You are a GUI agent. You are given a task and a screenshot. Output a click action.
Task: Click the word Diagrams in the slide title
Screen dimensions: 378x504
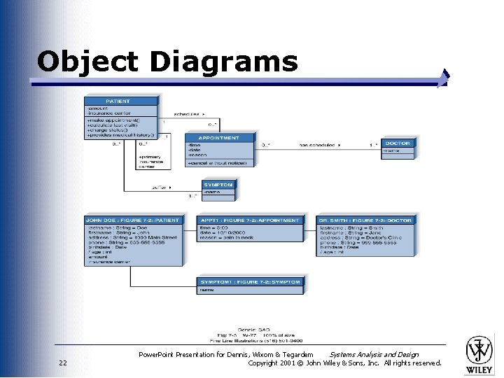(223, 62)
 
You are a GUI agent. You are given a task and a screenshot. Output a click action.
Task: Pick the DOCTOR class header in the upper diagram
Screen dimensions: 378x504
(398, 142)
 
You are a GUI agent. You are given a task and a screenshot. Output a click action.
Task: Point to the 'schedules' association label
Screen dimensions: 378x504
(187, 113)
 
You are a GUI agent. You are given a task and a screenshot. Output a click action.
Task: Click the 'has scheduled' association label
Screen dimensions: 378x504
(319, 146)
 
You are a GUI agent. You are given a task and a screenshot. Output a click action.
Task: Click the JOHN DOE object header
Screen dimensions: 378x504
(133, 220)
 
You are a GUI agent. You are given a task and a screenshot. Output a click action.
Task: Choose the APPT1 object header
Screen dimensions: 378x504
(250, 220)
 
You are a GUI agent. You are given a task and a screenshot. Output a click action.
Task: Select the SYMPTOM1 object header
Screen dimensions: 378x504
(250, 282)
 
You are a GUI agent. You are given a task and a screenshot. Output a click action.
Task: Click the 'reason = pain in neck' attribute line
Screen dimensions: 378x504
(225, 238)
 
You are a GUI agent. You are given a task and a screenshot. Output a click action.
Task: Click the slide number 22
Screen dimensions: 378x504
(63, 363)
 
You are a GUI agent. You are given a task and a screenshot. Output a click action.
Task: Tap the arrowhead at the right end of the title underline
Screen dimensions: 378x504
(444, 78)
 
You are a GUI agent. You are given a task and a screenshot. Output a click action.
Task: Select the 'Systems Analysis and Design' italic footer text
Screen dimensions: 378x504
(374, 355)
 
